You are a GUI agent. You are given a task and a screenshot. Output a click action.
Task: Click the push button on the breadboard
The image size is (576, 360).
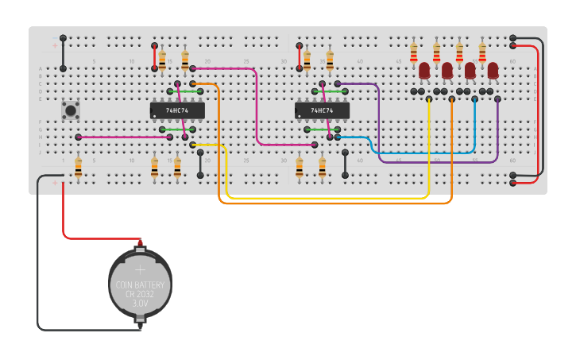(71, 110)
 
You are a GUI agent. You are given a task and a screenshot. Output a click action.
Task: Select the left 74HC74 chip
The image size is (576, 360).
(177, 110)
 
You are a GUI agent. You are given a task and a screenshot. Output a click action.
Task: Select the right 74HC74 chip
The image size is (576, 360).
(322, 110)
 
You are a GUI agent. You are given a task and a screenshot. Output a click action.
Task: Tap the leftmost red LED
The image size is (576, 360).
(424, 71)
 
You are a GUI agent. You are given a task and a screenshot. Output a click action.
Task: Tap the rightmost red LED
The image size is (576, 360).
(493, 71)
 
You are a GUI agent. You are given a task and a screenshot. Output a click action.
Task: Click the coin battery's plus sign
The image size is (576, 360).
(141, 269)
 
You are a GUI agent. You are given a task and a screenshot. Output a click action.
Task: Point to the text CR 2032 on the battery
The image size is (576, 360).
(140, 293)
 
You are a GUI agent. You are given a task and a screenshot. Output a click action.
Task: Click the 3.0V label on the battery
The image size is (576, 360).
(140, 304)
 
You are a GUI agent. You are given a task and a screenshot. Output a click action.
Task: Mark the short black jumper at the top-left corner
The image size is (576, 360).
(63, 52)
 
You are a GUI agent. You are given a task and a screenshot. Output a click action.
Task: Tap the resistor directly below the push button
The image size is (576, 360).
(78, 168)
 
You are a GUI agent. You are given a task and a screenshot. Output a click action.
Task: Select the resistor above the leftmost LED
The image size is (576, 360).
(413, 52)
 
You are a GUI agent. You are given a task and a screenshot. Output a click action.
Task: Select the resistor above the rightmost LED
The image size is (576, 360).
(482, 52)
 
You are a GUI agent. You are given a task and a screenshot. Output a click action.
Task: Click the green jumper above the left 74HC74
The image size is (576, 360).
(184, 91)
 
